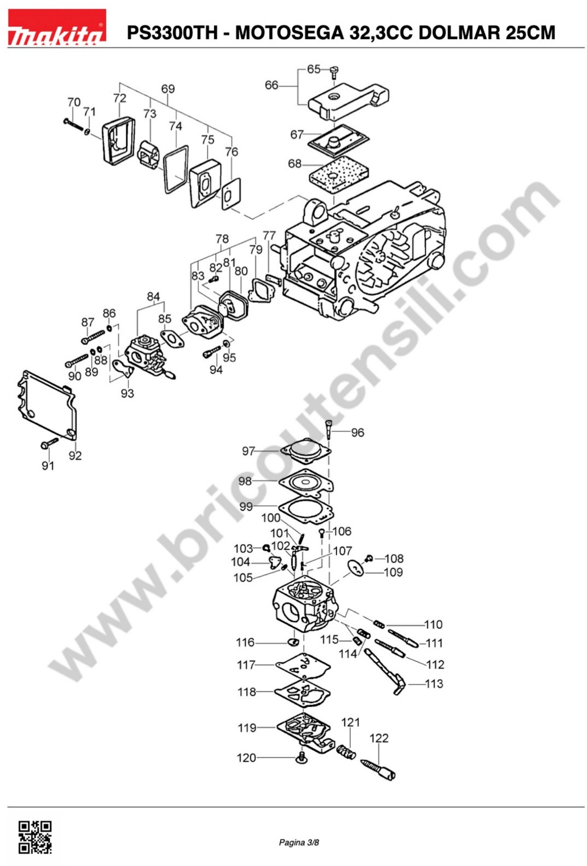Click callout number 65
click(x=314, y=69)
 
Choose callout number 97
click(x=248, y=451)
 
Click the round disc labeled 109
click(x=356, y=568)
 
